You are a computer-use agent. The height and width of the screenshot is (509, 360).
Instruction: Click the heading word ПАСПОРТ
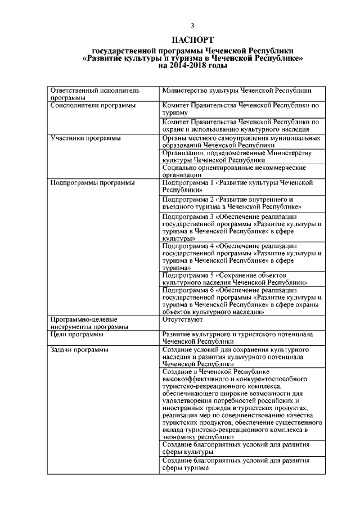tap(192, 40)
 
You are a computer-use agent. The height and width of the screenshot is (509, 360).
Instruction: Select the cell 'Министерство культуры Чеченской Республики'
tap(236, 90)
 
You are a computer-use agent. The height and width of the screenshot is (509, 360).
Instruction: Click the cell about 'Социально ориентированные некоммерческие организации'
tap(233, 171)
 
